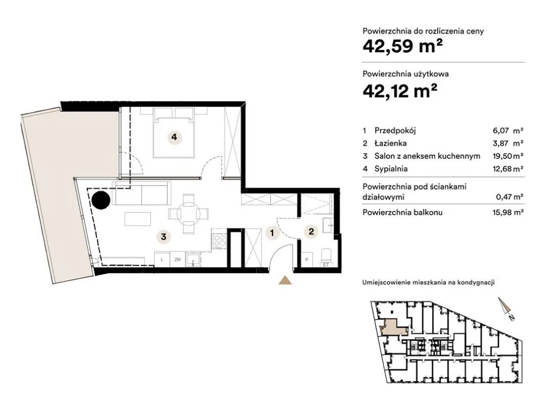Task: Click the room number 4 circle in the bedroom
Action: coord(174,137)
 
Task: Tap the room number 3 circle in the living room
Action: coord(163,237)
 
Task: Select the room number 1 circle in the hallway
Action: coord(272,232)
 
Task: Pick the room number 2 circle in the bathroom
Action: coord(311,231)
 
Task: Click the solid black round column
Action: coord(101,200)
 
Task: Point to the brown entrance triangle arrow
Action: coord(285,280)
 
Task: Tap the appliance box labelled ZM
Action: coord(178,260)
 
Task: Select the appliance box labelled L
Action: coord(162,260)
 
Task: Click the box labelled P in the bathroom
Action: coord(307,260)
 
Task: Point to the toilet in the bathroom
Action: coord(326,256)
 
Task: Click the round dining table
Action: coord(188,214)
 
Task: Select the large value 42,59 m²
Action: coord(403,46)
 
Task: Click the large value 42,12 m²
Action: coord(400,90)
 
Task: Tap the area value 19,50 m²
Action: coord(508,156)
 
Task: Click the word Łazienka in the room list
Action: coord(390,143)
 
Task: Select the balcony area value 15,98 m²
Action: coord(508,212)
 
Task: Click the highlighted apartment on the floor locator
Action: coord(392,327)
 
